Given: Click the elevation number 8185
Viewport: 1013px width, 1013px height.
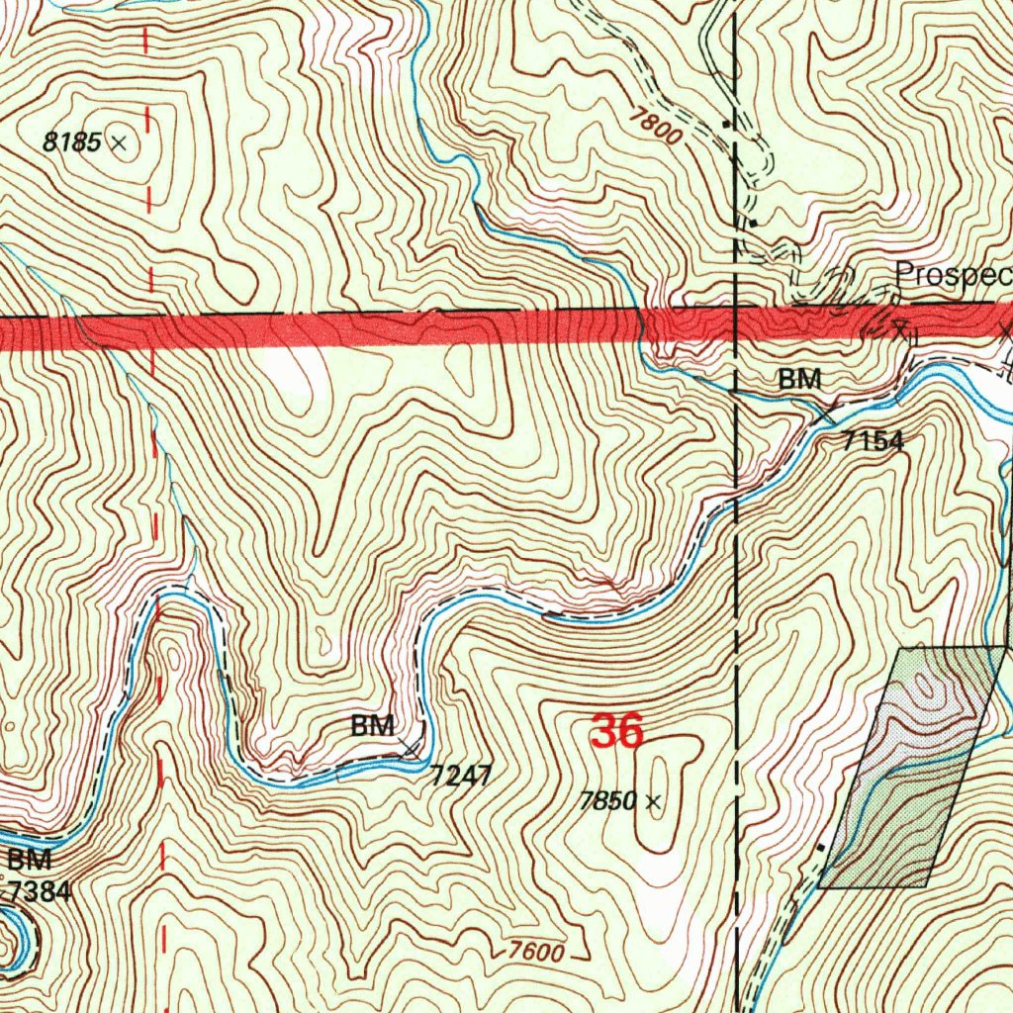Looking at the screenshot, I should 72,142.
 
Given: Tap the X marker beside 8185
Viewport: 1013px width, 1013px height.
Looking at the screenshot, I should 119,143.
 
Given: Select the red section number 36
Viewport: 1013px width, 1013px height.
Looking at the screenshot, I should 617,733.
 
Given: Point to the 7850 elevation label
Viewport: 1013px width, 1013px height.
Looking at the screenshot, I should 607,802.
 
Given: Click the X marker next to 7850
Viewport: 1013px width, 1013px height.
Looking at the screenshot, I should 652,802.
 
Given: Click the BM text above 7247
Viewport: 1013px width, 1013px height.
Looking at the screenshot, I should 373,726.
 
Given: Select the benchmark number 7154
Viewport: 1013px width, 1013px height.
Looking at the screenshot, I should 873,441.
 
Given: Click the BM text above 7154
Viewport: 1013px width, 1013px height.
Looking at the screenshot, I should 799,379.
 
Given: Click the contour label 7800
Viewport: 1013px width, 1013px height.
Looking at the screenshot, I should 656,128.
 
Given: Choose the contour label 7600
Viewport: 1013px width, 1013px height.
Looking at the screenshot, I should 537,953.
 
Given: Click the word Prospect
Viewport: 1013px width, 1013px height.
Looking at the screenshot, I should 953,274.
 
